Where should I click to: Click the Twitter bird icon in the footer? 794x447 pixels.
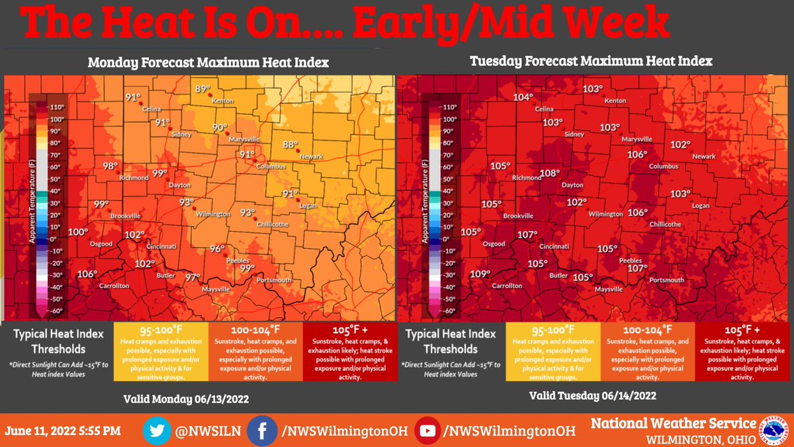click(157, 431)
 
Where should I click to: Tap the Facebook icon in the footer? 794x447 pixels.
click(262, 431)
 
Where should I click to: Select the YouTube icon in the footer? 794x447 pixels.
click(428, 431)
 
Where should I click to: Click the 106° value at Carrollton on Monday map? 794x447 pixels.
click(87, 274)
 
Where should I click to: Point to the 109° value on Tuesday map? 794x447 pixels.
click(480, 274)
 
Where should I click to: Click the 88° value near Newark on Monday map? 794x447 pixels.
click(291, 144)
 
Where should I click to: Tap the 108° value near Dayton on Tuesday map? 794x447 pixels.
click(550, 174)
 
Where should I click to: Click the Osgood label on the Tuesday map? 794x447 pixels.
click(494, 244)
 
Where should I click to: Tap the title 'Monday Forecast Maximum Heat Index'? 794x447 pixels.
click(208, 63)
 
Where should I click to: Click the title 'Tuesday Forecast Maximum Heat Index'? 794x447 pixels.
click(591, 62)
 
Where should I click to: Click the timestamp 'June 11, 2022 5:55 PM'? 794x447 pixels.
click(63, 431)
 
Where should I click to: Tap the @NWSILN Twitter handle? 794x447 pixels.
click(206, 431)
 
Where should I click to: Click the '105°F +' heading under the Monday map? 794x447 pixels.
click(349, 329)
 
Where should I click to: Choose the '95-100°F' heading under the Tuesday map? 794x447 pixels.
click(552, 329)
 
